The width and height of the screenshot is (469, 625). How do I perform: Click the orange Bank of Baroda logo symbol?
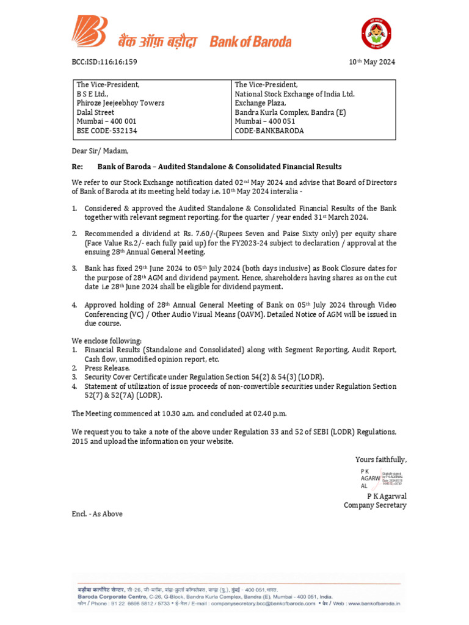click(90, 31)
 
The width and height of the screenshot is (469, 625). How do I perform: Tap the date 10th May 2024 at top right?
click(372, 62)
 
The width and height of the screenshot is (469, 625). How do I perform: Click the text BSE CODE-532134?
click(107, 131)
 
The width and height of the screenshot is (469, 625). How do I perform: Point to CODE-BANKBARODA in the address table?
click(269, 131)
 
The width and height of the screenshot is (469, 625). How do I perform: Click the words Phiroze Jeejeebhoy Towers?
click(120, 103)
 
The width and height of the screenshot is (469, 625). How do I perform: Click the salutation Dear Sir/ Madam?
click(100, 151)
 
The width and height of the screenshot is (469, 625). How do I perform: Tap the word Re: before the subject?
click(78, 167)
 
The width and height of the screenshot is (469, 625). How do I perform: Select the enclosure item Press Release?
click(107, 368)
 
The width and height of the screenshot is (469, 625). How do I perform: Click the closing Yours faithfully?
click(381, 460)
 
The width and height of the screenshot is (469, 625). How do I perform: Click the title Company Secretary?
click(375, 505)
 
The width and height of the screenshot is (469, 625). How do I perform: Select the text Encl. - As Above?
click(97, 514)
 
